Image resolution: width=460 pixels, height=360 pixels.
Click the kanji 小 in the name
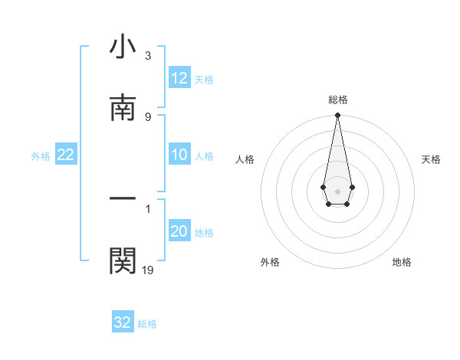tap(123, 47)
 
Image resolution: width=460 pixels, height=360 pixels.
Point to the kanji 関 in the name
tap(123, 260)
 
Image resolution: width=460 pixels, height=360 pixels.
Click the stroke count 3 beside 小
tap(147, 56)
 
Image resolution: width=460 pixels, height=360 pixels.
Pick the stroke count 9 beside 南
tap(147, 116)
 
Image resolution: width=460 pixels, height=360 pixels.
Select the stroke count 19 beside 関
tap(148, 270)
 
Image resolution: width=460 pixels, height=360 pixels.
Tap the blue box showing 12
tap(179, 78)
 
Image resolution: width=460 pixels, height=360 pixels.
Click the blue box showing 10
tap(179, 155)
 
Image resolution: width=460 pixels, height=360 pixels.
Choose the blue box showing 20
tap(179, 231)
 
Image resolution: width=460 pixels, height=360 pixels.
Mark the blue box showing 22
tap(66, 155)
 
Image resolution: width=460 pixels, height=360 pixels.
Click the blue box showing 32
tap(123, 322)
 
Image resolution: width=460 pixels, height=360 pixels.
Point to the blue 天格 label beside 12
tap(204, 79)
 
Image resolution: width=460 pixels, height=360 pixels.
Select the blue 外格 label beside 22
tap(41, 155)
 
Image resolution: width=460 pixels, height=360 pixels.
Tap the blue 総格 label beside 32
tap(147, 323)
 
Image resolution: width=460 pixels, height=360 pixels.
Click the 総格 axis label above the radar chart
tap(338, 100)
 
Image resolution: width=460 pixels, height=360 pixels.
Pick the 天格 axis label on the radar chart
tap(432, 159)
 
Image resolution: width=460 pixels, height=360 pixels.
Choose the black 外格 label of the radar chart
tap(270, 262)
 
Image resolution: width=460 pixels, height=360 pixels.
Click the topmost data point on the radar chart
tap(337, 116)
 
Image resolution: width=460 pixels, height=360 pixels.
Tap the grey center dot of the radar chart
tap(337, 191)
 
